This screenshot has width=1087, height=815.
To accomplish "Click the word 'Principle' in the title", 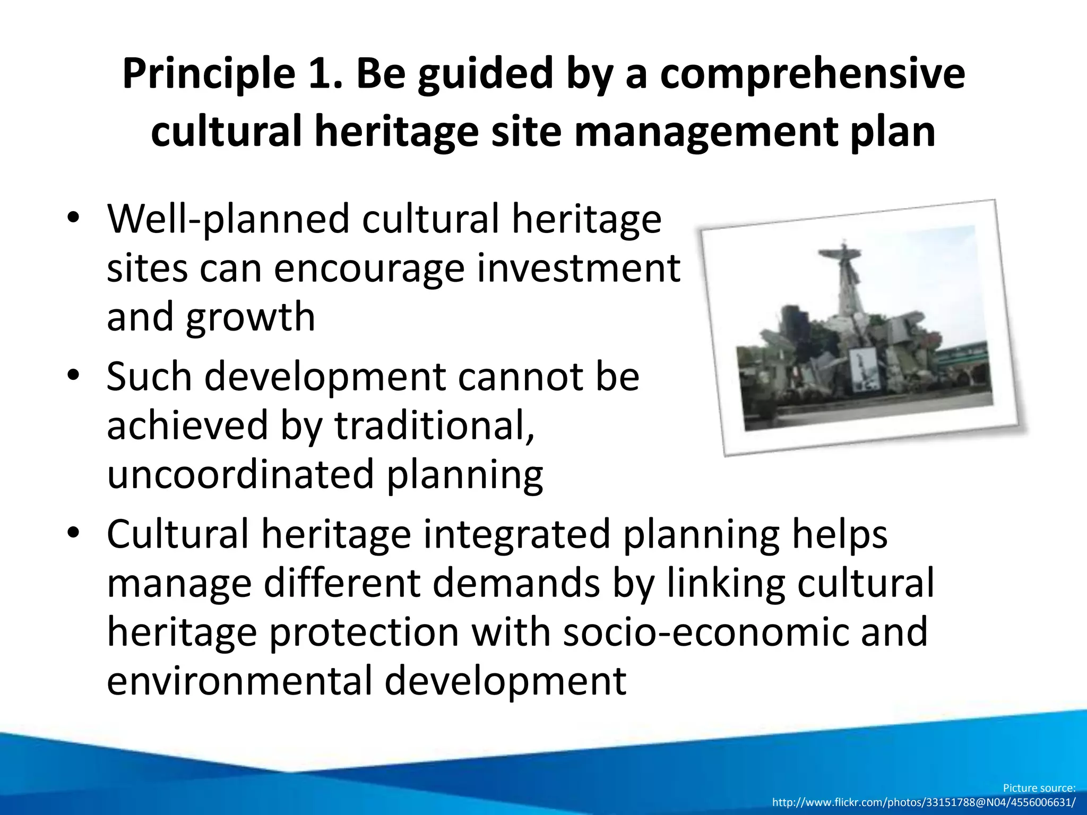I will click(209, 73).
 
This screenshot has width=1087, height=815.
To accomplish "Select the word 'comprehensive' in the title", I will click(812, 73).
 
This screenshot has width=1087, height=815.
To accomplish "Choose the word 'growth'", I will click(251, 317).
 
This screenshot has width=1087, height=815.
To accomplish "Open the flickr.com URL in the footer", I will click(924, 802).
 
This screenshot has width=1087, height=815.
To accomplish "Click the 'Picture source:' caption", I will click(1039, 788).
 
